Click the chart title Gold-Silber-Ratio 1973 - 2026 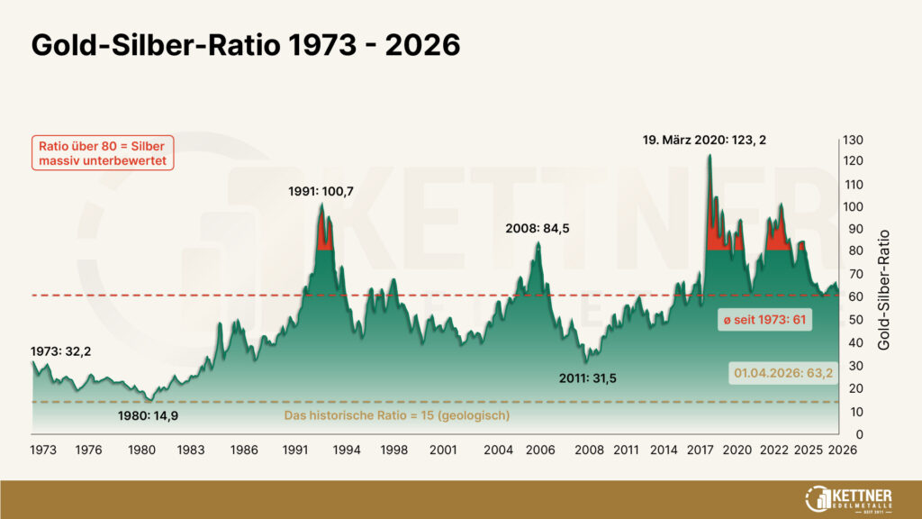point(246,47)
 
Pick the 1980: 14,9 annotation point(149,416)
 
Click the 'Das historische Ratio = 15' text point(397,415)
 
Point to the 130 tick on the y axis point(854,140)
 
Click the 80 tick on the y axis point(851,251)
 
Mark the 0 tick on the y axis point(847,434)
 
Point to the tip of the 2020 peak point(709,155)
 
